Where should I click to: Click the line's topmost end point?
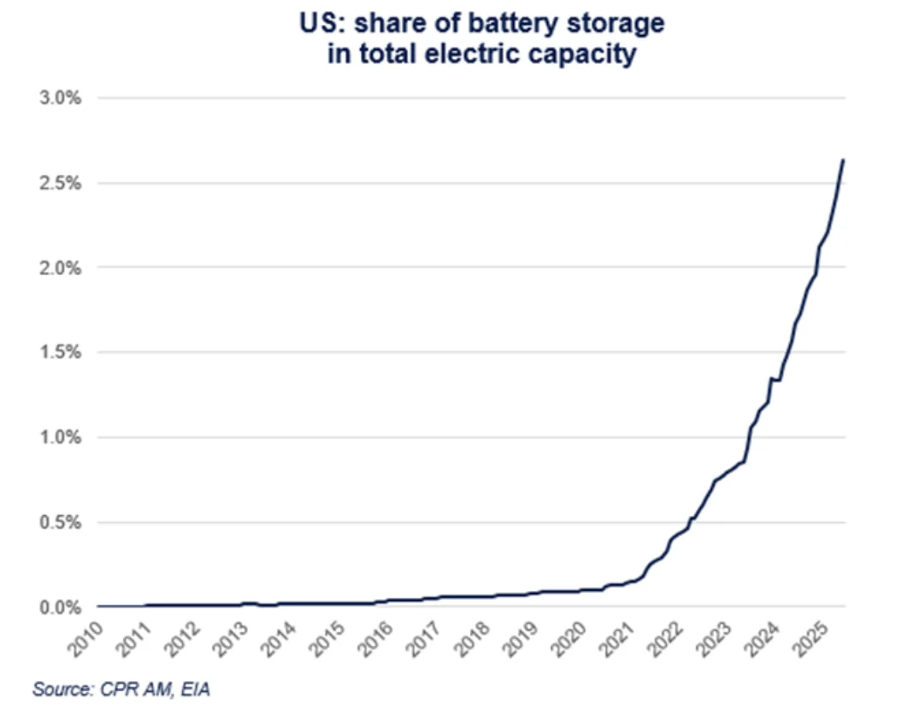(843, 160)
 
